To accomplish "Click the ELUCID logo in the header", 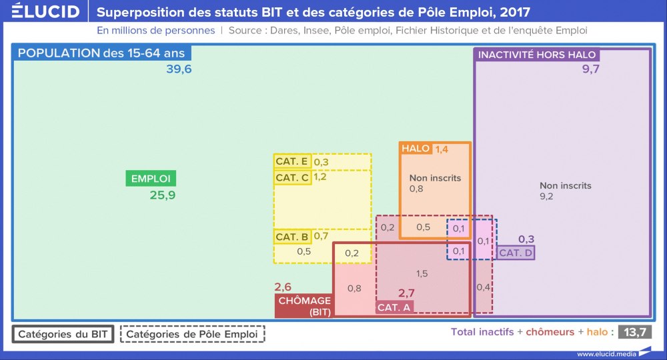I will pyautogui.click(x=41, y=12).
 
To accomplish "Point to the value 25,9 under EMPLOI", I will pyautogui.click(x=162, y=195).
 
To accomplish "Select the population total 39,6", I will pyautogui.click(x=179, y=69).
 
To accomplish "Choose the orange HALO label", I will pyautogui.click(x=416, y=149).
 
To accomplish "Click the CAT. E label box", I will pyautogui.click(x=292, y=161).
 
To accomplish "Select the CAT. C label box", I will pyautogui.click(x=292, y=177).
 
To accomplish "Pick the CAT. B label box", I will pyautogui.click(x=292, y=237).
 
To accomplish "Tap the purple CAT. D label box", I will pyautogui.click(x=515, y=253).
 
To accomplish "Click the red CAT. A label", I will pyautogui.click(x=394, y=307).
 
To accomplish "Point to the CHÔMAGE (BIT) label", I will pyautogui.click(x=304, y=306).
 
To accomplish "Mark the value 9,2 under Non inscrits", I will pyautogui.click(x=547, y=197).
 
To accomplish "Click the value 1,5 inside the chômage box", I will pyautogui.click(x=422, y=273).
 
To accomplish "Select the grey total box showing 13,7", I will pyautogui.click(x=634, y=331).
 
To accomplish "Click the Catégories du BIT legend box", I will pyautogui.click(x=63, y=334).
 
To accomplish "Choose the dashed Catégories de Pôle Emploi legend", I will pyautogui.click(x=192, y=334).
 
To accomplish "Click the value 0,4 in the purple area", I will pyautogui.click(x=484, y=287).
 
